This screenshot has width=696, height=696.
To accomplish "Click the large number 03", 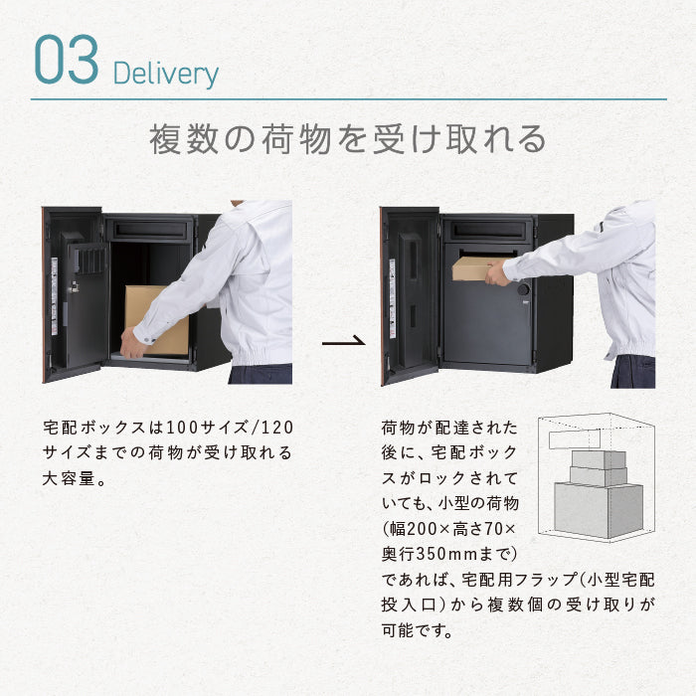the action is [67, 59].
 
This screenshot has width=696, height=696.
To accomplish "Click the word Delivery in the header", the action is [166, 75].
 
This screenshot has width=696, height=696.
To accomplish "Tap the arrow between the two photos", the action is [344, 341].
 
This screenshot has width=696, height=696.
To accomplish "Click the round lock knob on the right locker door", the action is [523, 290].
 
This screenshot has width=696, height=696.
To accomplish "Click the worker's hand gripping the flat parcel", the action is [497, 272].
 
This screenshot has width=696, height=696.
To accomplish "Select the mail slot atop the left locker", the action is [149, 230].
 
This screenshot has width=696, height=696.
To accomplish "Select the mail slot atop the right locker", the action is [487, 231].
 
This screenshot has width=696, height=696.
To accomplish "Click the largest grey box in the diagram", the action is [598, 510].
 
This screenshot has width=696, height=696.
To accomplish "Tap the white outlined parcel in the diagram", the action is [575, 439].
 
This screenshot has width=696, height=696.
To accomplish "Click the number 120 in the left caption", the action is [277, 428].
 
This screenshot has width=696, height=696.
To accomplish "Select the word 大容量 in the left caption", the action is [69, 478].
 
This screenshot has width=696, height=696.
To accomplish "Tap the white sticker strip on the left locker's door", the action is [54, 296].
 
